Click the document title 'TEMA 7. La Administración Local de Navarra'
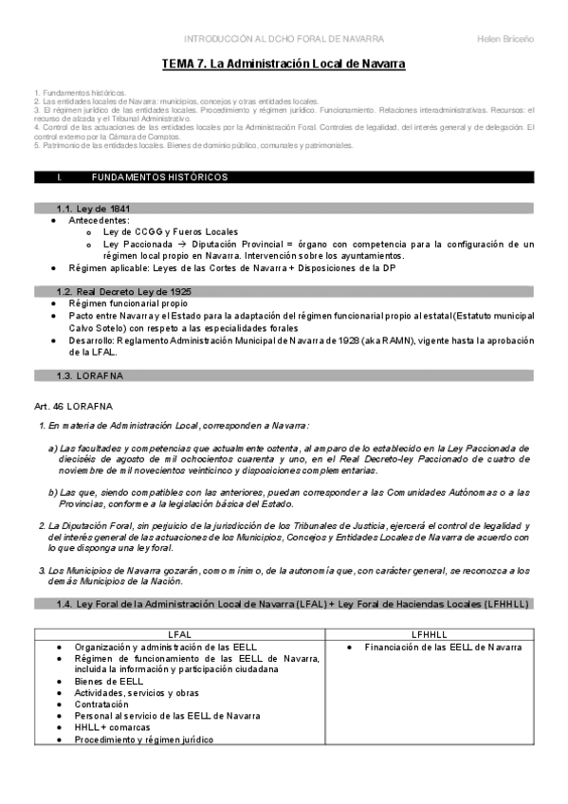284,64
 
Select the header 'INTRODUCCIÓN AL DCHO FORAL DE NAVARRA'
284,38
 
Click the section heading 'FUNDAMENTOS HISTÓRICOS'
158,177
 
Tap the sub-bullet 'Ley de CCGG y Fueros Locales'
171,231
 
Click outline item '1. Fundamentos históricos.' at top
78,93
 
